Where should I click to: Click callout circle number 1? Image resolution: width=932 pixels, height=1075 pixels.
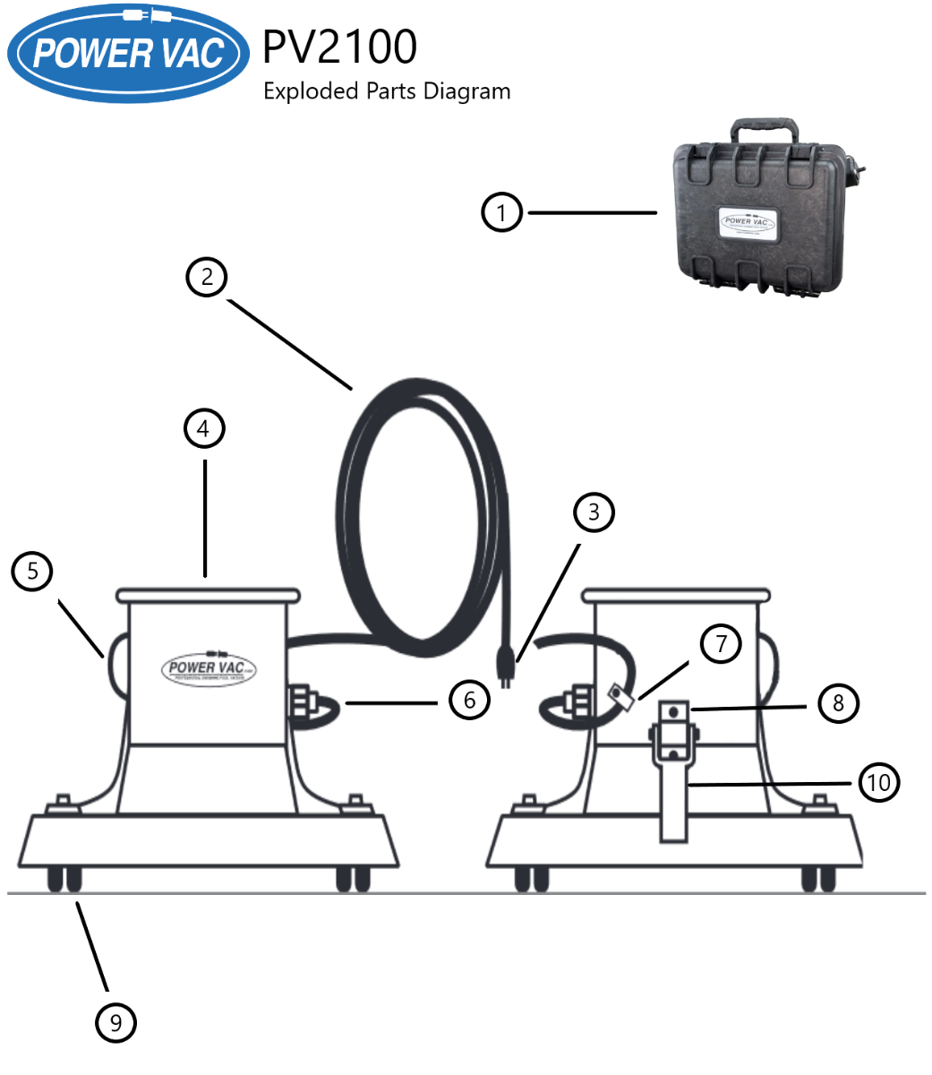(501, 212)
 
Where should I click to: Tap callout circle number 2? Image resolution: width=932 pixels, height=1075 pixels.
(207, 276)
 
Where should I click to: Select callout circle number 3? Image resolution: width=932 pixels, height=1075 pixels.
(594, 512)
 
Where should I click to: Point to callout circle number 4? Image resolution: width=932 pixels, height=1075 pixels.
(204, 429)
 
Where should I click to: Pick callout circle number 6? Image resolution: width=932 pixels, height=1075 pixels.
(470, 699)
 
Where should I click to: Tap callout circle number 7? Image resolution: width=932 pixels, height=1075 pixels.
(721, 644)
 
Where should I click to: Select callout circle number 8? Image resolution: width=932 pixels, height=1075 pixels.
(837, 703)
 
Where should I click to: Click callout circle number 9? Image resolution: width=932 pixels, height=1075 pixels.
(115, 1021)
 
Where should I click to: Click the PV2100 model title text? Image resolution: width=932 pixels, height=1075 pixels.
(339, 47)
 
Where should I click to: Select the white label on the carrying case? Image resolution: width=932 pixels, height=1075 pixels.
(750, 222)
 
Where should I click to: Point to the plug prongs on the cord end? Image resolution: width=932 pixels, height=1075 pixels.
(506, 681)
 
